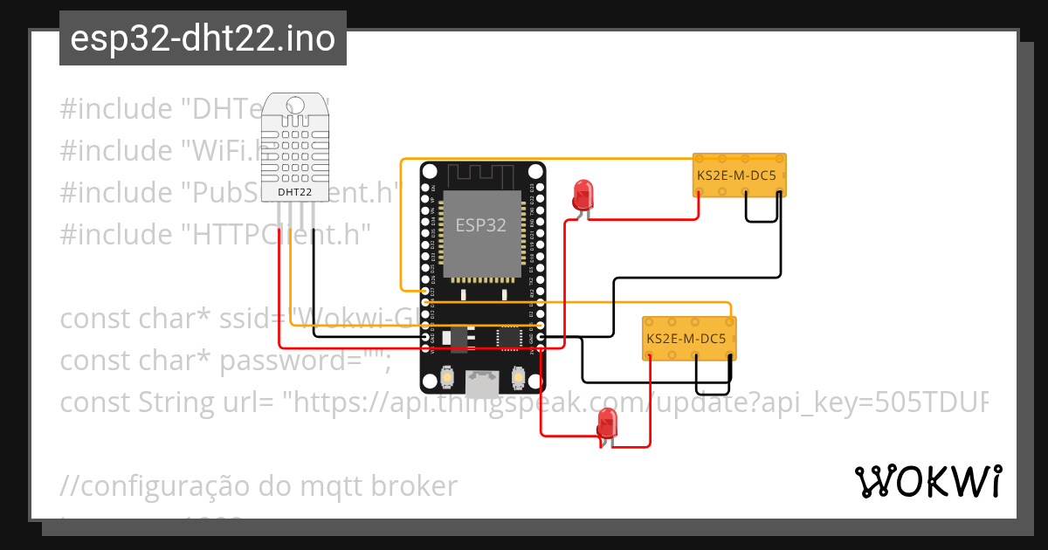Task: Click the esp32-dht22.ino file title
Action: click(203, 39)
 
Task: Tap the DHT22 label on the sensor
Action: click(296, 191)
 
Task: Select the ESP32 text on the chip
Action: click(480, 225)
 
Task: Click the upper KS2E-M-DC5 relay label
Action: click(739, 175)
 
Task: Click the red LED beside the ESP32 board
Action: click(583, 194)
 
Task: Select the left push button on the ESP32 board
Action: click(447, 376)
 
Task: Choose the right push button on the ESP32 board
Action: click(517, 376)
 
